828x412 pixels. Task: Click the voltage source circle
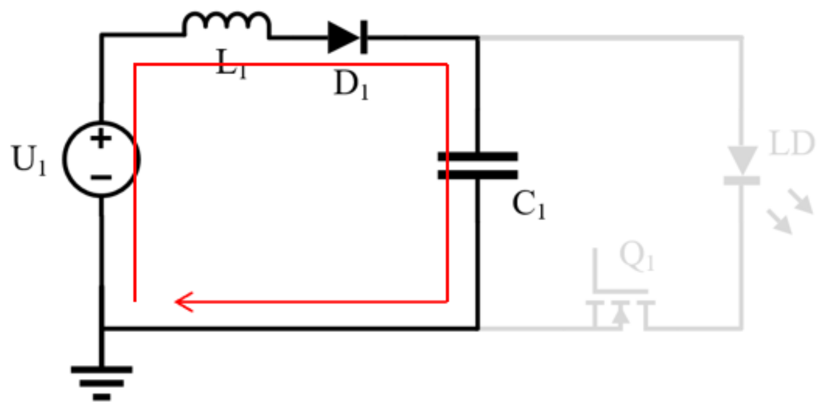point(101,159)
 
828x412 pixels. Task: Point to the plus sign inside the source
point(101,139)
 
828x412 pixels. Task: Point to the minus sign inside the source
point(101,178)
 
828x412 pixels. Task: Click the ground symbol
point(102,382)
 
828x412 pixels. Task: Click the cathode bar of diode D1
point(364,37)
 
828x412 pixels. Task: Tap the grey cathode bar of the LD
point(741,181)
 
